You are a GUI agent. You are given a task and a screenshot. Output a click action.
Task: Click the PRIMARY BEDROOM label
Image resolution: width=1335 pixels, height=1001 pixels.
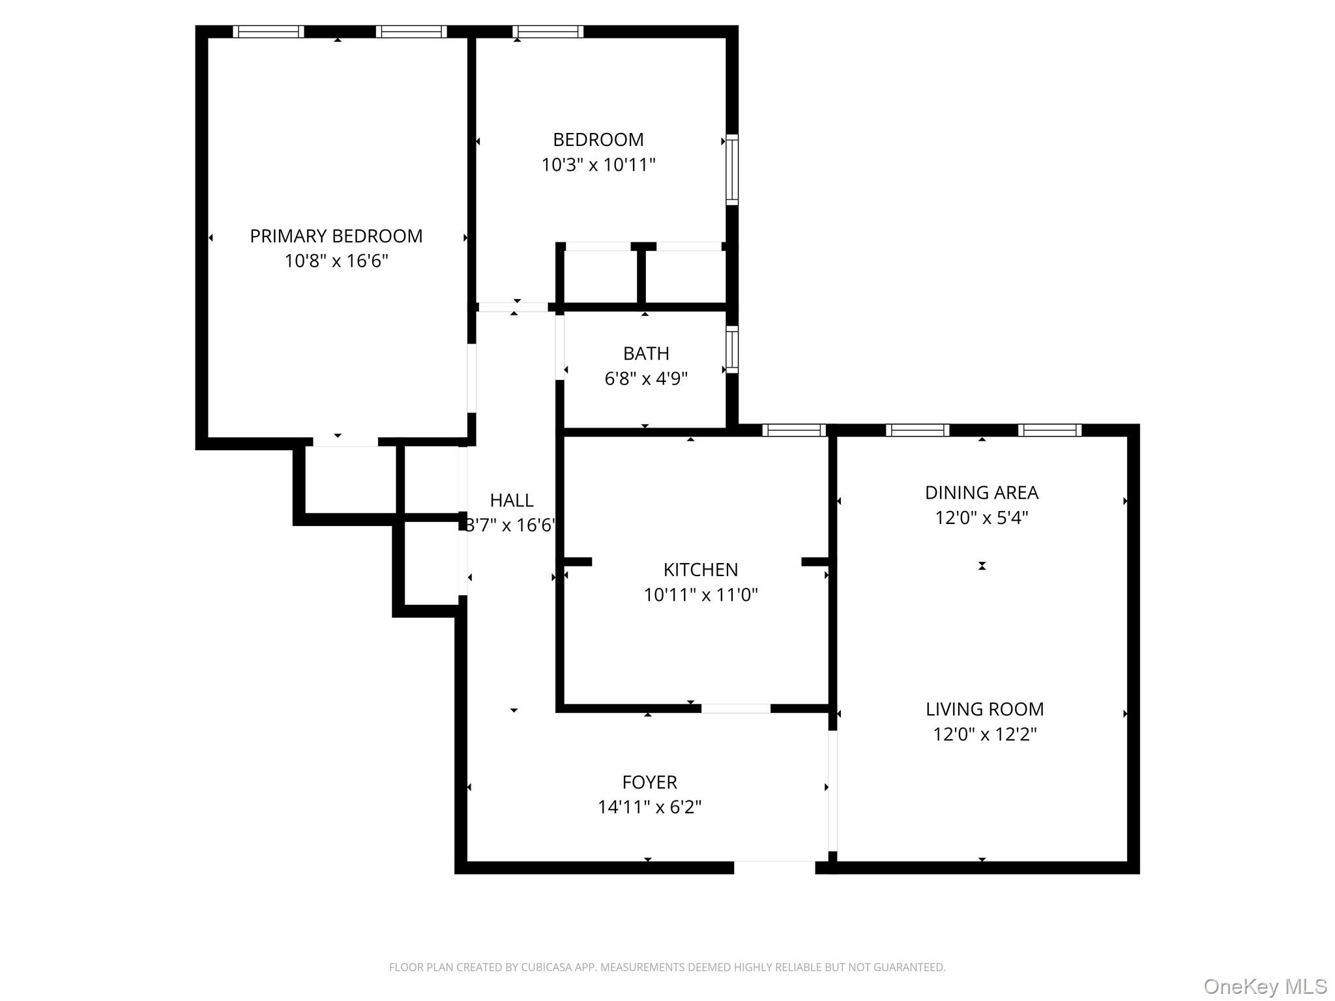[x=336, y=236]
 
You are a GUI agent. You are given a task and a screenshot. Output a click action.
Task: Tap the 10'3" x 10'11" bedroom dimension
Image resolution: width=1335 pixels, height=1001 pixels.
[x=598, y=165]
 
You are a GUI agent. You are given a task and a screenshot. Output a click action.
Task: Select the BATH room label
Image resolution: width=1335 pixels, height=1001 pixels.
[x=645, y=353]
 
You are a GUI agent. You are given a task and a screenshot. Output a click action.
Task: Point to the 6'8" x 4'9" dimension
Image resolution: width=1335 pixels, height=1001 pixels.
[x=645, y=379]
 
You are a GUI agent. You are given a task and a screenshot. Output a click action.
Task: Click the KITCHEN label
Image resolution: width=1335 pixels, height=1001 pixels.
[x=700, y=570]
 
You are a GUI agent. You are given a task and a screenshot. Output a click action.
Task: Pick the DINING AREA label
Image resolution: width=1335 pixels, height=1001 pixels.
[x=981, y=493]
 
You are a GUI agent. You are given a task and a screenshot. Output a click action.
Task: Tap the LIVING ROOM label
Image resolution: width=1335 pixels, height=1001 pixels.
[x=984, y=709]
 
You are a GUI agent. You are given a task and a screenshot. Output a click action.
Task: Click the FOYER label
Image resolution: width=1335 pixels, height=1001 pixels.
[x=649, y=782]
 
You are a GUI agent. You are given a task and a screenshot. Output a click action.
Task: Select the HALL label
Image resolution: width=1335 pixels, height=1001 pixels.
[x=511, y=500]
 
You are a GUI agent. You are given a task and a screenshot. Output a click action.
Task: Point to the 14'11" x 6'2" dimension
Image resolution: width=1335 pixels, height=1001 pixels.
[x=649, y=807]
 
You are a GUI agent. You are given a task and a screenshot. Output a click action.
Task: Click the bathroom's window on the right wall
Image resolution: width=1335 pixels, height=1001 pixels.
[x=732, y=350]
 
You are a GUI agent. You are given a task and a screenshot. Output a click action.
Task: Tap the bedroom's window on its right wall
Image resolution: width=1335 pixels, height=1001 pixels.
[x=732, y=169]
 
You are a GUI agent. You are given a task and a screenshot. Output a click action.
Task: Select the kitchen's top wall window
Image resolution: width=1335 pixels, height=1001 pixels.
[x=794, y=430]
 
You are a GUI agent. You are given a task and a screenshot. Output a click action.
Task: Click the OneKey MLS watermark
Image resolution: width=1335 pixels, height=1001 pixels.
[x=1265, y=986]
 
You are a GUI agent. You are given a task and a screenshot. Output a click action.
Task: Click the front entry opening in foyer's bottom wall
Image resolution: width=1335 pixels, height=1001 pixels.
[x=774, y=867]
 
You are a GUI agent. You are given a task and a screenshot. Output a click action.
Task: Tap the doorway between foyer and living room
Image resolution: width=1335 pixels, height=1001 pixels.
[x=832, y=791]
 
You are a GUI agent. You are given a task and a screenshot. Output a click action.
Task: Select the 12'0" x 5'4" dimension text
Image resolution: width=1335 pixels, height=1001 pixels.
[x=981, y=518]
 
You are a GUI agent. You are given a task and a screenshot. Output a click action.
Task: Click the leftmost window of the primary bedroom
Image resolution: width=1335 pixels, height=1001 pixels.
[x=269, y=31]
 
